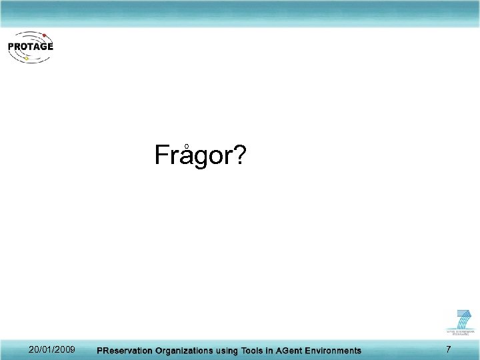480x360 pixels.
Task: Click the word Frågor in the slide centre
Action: (x=194, y=156)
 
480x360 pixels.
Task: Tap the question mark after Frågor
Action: (x=239, y=155)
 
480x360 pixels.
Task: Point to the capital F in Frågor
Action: (x=162, y=155)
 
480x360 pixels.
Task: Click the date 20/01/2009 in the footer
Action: (x=52, y=350)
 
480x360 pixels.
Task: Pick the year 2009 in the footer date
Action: (x=64, y=350)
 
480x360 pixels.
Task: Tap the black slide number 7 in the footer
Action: (x=448, y=350)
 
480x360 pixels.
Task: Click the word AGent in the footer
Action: (x=297, y=351)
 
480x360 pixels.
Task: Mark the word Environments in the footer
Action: (x=338, y=351)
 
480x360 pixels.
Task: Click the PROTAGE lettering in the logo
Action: (x=31, y=47)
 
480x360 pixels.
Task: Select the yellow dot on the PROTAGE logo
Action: (x=26, y=59)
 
